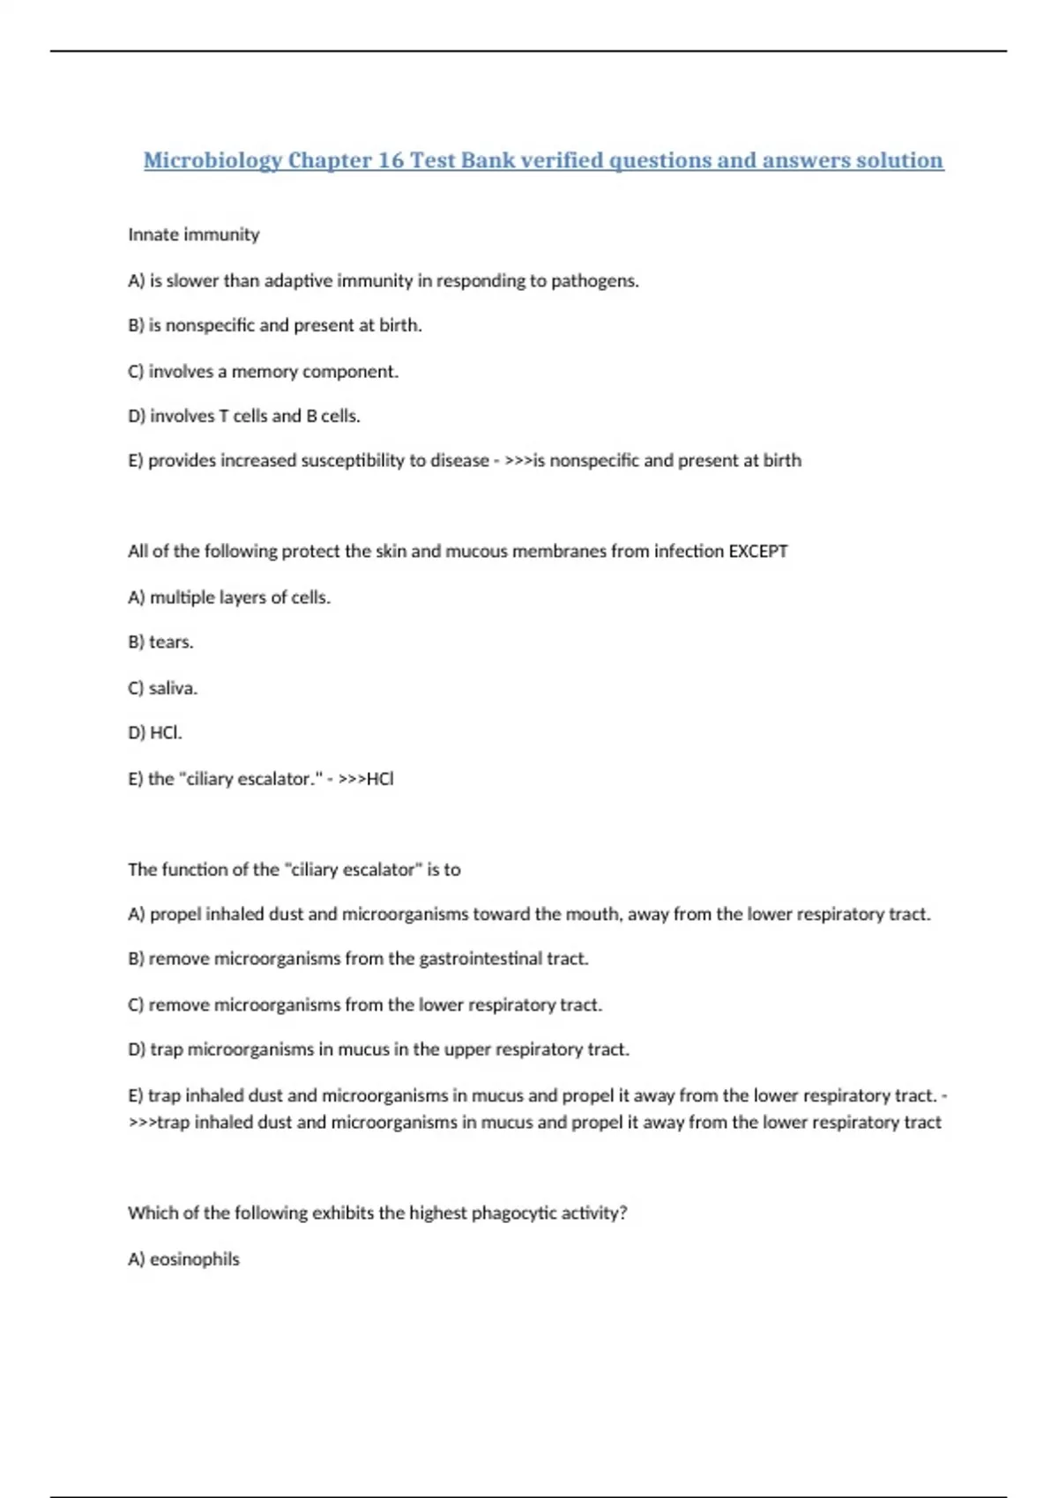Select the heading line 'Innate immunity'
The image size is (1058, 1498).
pos(194,234)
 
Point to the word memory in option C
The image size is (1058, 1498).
pos(264,371)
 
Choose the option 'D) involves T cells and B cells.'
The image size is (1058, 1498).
pos(244,416)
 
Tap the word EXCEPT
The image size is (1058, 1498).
pos(757,551)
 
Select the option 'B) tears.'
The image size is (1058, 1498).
pos(160,641)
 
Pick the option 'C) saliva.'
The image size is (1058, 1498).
pos(163,687)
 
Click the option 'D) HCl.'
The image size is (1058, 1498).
pos(155,732)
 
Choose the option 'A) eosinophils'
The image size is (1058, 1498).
pos(183,1258)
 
